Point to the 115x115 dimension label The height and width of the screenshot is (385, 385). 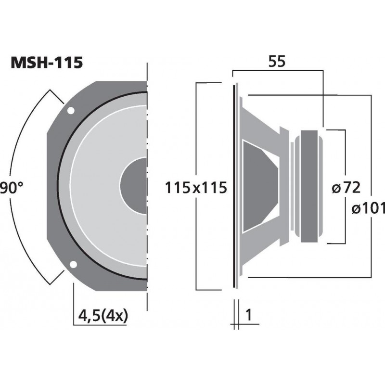[195, 187]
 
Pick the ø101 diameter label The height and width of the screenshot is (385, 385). [368, 208]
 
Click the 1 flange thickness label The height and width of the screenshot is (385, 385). [249, 315]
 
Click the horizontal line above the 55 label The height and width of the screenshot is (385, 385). [278, 71]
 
